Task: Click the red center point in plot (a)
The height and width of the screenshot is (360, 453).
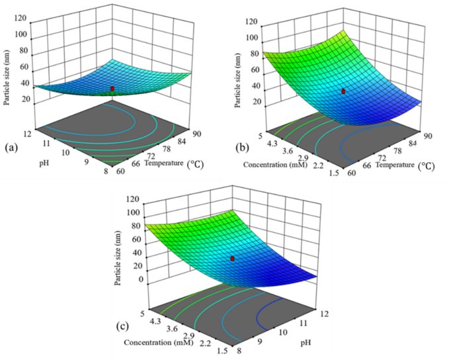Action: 112,88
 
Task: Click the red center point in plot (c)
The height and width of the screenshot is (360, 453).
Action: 232,259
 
